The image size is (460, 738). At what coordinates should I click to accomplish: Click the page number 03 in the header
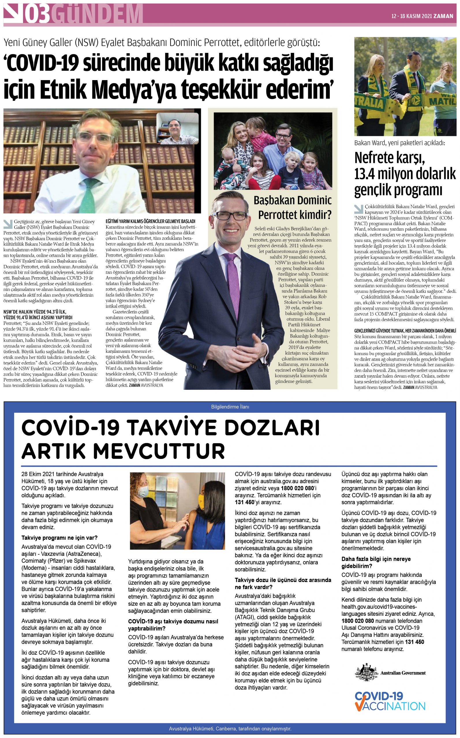point(38,14)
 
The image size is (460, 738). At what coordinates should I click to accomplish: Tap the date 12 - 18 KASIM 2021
point(411,16)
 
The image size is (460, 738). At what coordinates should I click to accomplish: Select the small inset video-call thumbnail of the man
point(177,129)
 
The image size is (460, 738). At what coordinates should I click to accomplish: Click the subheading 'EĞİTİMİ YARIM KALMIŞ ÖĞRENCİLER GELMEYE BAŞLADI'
point(150,221)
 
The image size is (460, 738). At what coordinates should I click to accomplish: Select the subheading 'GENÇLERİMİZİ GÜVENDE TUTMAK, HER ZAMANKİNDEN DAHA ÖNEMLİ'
point(405,331)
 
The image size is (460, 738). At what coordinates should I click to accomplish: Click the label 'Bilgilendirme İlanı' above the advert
point(230,407)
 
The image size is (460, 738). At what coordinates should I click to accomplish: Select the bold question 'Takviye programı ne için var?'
point(59,538)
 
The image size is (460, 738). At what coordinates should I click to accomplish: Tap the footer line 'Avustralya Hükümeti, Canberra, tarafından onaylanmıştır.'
point(230,728)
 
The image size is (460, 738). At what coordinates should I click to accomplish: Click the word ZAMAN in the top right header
point(443,16)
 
